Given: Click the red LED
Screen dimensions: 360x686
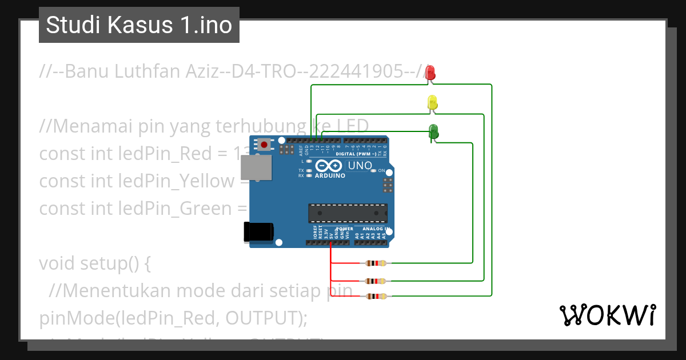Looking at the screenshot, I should coord(430,73).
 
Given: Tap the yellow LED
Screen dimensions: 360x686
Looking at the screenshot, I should coord(433,103).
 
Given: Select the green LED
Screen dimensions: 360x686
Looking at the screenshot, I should coord(433,131).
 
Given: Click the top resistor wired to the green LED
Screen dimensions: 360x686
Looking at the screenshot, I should coord(376,263).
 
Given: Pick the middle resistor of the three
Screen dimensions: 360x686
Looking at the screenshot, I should coord(376,281).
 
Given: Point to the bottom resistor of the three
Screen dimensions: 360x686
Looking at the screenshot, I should coord(376,296).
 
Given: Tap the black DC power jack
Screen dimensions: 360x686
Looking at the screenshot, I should coord(259,231).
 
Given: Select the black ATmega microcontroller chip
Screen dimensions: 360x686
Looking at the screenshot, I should coord(348,213).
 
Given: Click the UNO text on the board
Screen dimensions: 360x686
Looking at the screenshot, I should coord(360,166).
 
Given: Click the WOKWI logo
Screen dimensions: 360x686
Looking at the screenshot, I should coord(607,315).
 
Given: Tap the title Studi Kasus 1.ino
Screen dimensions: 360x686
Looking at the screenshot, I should coord(139,25).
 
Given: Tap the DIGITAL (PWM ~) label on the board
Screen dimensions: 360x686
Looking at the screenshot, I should coord(356,154).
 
